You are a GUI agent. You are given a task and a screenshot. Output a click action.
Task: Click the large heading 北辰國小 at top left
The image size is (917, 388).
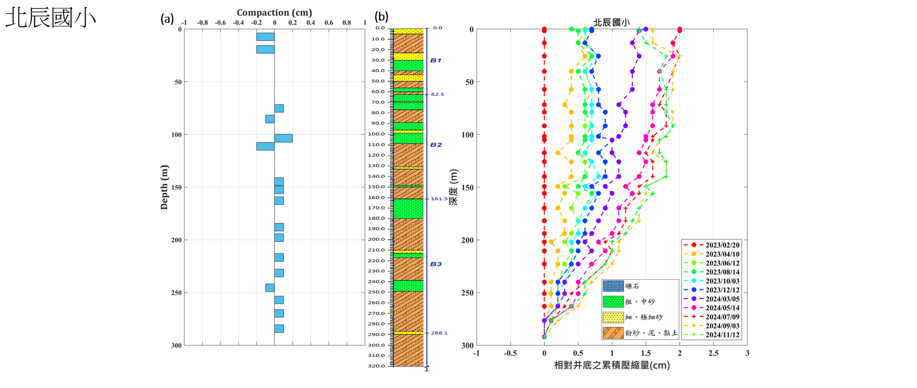(x=51, y=18)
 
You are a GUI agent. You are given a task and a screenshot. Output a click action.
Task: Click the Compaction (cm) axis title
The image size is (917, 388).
(x=274, y=12)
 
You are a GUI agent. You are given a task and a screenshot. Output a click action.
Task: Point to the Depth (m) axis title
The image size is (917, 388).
(x=164, y=187)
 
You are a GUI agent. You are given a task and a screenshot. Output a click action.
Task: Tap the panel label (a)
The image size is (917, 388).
(x=167, y=19)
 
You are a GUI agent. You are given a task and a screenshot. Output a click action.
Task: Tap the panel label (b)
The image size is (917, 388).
(x=382, y=17)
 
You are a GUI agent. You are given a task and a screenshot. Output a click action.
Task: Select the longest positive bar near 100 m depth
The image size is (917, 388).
(x=284, y=138)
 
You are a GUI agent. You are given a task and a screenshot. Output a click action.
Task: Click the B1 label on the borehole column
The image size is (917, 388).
(x=436, y=60)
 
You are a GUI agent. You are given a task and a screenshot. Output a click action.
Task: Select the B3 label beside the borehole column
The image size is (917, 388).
(x=436, y=264)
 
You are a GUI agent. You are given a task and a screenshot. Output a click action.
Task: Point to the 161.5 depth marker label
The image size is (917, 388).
(x=439, y=199)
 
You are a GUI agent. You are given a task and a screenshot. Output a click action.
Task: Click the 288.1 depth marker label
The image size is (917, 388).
(x=439, y=333)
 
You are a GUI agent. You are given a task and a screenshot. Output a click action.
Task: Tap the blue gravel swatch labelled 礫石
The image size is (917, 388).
(x=613, y=286)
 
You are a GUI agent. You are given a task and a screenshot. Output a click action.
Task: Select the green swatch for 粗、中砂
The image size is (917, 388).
(x=613, y=302)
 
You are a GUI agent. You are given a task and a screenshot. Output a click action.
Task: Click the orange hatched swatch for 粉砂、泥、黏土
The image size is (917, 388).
(x=613, y=333)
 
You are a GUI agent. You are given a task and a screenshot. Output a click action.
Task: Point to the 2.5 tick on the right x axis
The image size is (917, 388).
(x=713, y=354)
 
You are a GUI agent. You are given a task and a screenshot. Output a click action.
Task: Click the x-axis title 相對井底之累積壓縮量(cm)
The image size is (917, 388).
(x=612, y=365)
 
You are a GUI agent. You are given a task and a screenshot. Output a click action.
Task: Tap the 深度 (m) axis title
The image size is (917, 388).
(x=453, y=187)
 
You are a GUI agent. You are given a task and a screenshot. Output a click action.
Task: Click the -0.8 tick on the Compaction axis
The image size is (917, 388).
(x=202, y=23)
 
